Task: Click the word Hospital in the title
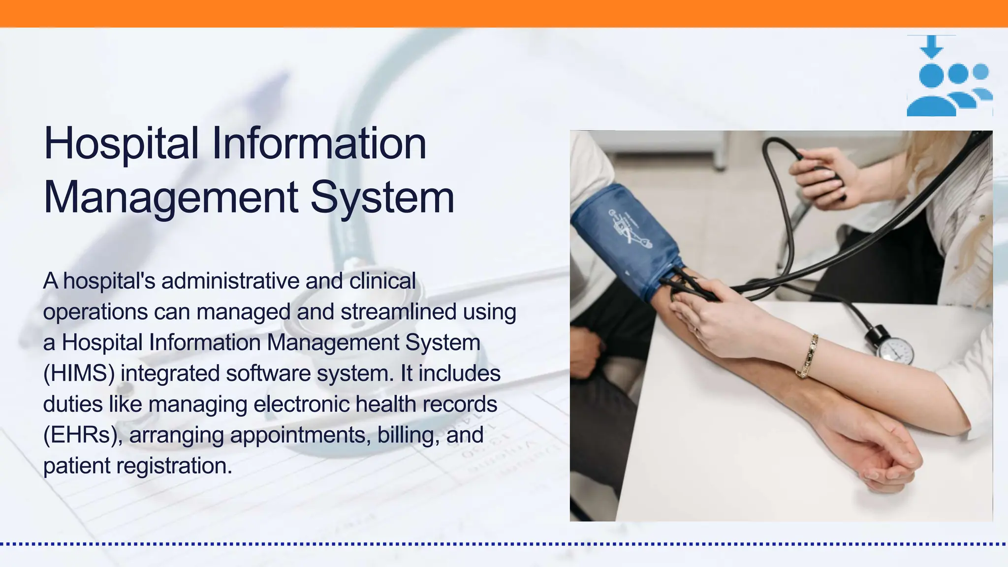pyautogui.click(x=121, y=144)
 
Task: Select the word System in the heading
pyautogui.click(x=382, y=198)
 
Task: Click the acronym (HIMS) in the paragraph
pyautogui.click(x=79, y=374)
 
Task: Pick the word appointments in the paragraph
pyautogui.click(x=300, y=435)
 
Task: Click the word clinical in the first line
pyautogui.click(x=382, y=281)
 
